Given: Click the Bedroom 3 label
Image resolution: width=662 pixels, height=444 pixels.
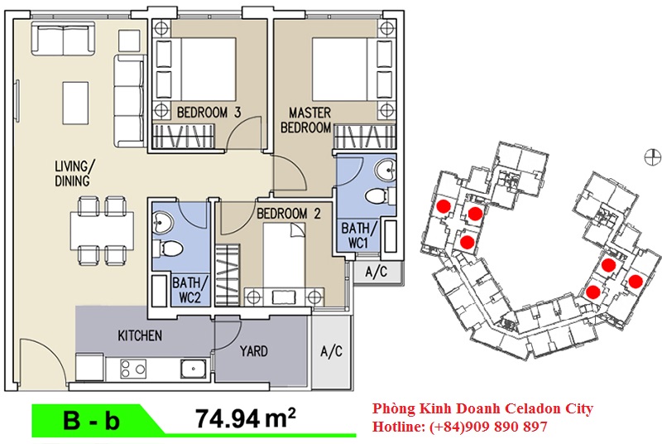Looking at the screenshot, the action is [209, 113].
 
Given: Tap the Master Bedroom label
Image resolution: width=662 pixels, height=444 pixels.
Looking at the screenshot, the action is [306, 120].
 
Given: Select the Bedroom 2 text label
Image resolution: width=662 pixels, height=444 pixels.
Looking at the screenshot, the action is [289, 214].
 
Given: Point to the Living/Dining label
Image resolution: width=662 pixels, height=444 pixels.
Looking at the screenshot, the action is [74, 173].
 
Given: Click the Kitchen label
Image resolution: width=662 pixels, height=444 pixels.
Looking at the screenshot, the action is [140, 335].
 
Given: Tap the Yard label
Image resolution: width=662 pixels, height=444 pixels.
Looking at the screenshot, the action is [254, 351].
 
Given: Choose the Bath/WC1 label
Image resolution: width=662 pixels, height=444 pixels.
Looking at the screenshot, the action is [358, 235].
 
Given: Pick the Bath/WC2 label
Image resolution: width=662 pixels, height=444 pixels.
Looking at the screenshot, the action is [189, 290].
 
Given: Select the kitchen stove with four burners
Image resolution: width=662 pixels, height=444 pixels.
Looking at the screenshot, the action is [133, 369].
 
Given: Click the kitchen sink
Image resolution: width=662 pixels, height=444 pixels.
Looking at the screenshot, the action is [194, 369].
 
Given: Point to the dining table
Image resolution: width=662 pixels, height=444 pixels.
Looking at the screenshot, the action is [102, 231].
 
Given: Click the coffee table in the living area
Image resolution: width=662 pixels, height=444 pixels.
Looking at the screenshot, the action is [75, 103].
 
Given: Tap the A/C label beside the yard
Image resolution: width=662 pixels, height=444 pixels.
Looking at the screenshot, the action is [332, 351].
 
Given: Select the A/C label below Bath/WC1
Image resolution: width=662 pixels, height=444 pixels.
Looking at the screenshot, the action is [376, 272].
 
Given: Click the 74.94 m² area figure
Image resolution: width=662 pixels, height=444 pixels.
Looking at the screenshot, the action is [245, 418].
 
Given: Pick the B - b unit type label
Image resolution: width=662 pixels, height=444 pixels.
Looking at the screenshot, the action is [91, 420].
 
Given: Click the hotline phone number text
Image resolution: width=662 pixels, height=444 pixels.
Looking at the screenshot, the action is [488, 427].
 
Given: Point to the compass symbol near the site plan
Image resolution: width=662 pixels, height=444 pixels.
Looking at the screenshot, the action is [653, 157].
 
